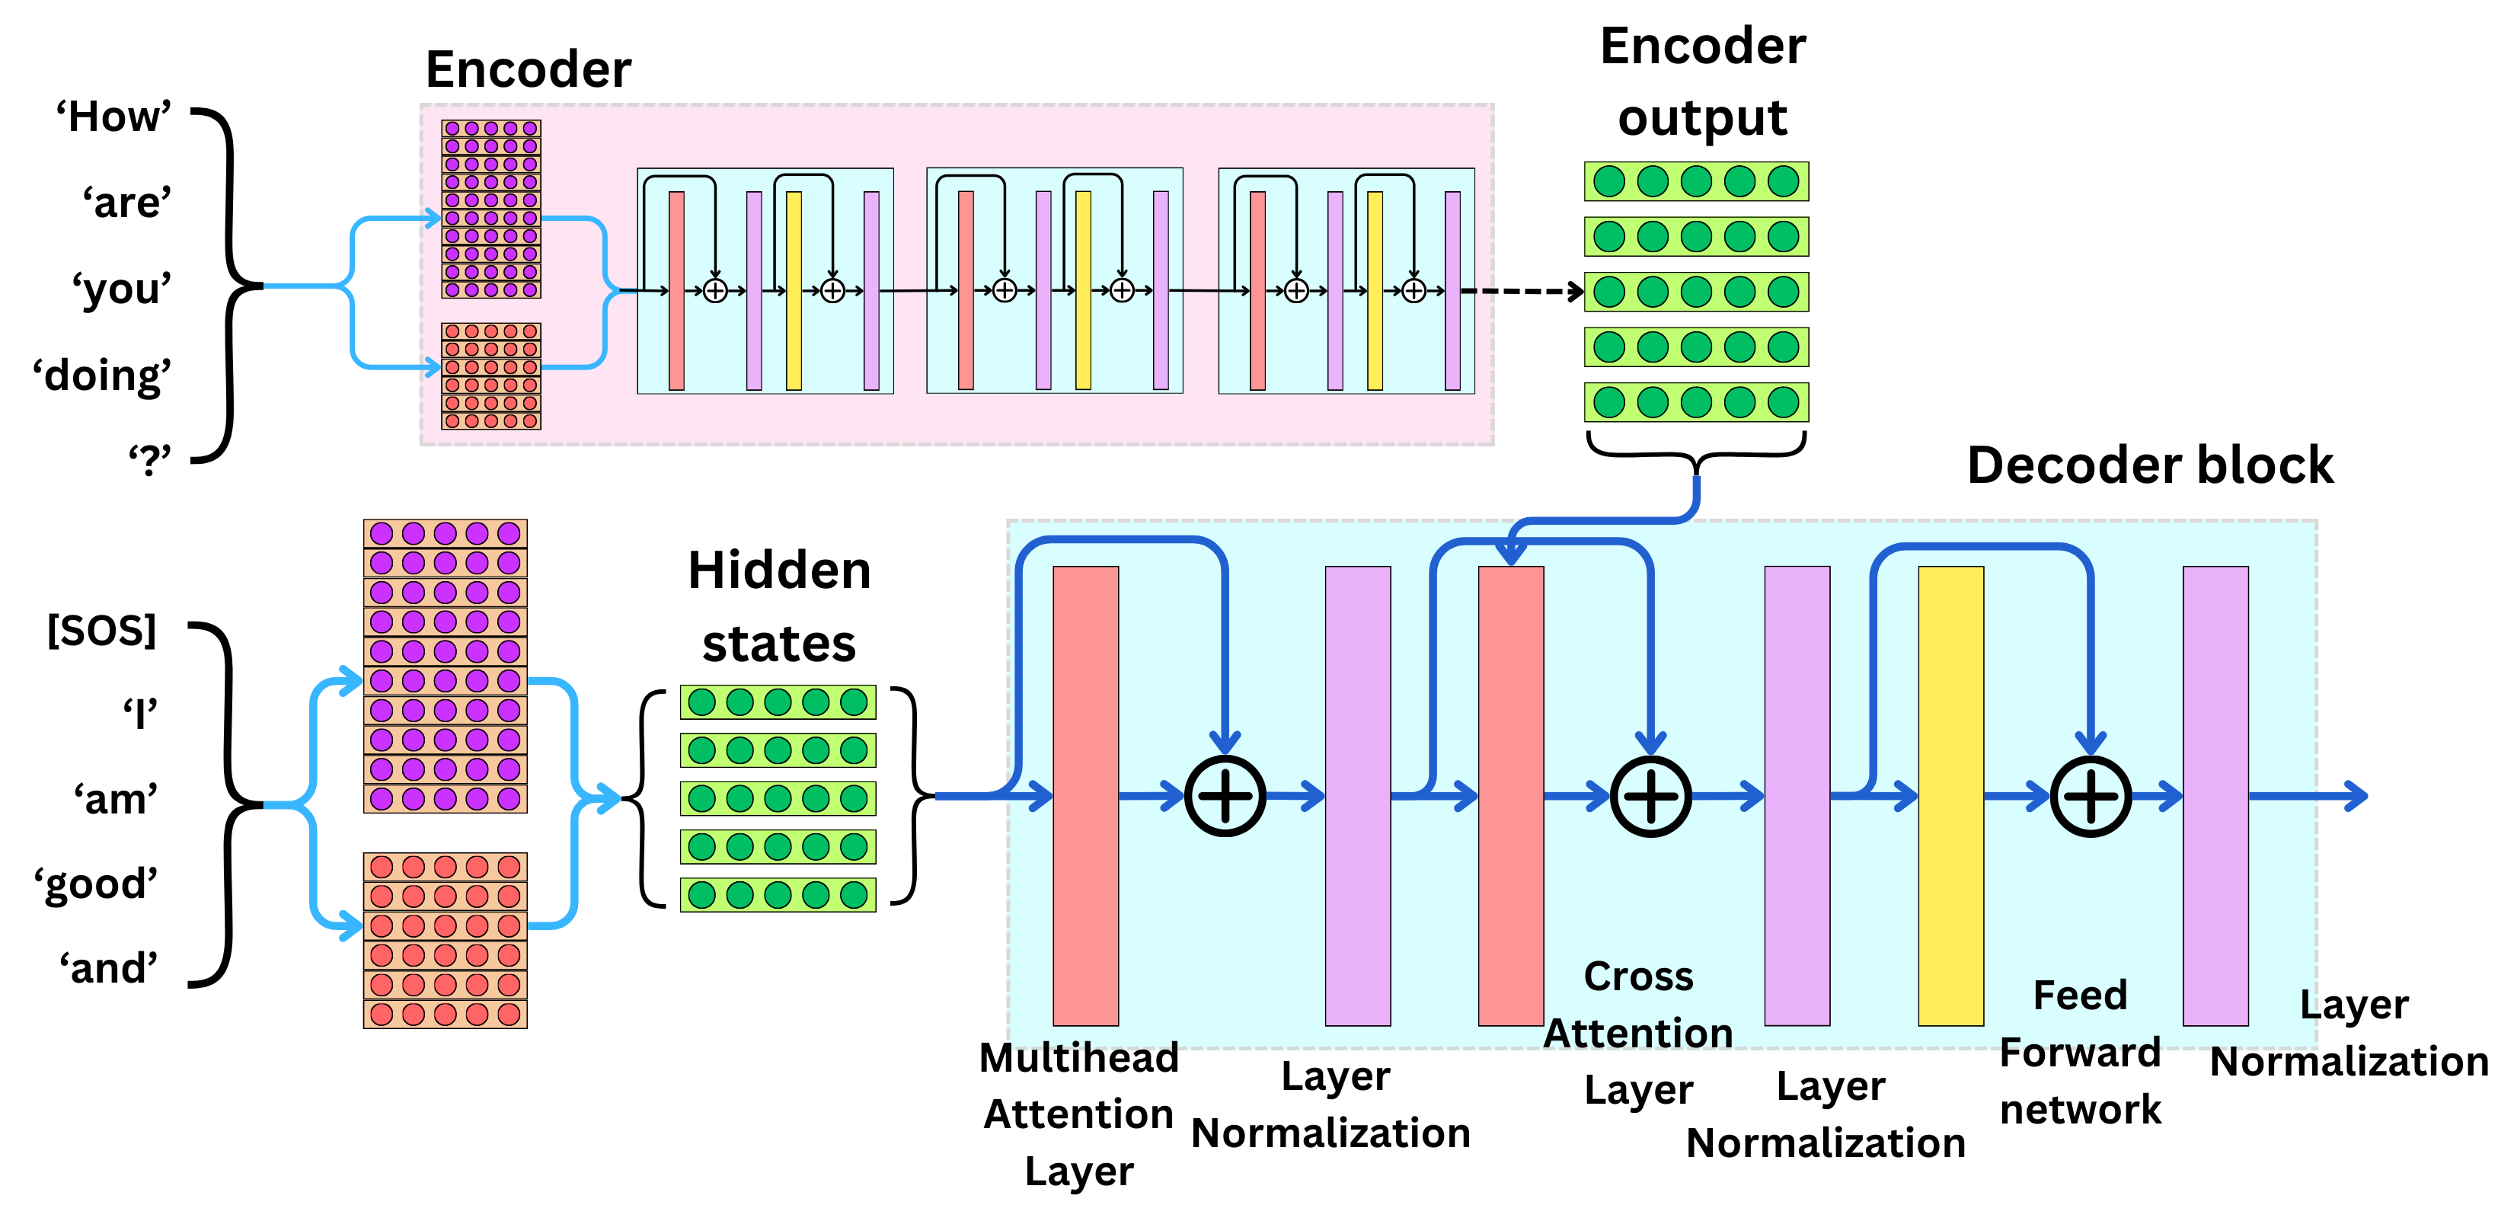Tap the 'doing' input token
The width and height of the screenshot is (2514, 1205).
click(103, 376)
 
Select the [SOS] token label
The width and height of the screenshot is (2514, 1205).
click(101, 631)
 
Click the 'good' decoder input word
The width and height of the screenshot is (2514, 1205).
click(96, 884)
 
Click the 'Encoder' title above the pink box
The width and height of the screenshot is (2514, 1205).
click(528, 70)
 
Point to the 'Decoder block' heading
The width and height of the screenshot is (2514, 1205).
click(2149, 465)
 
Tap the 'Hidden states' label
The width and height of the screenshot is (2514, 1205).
click(779, 606)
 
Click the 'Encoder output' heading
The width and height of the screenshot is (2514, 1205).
click(1702, 82)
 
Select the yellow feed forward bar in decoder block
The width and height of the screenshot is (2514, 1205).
click(1950, 795)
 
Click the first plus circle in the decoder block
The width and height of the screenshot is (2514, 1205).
click(1225, 796)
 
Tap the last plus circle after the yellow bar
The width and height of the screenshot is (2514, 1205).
click(2091, 796)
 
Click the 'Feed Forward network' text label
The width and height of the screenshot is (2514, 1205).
click(2080, 1052)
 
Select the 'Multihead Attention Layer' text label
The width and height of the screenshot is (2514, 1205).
click(1078, 1114)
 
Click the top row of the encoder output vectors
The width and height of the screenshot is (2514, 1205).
click(1696, 181)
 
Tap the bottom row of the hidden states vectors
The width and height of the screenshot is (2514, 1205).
click(778, 895)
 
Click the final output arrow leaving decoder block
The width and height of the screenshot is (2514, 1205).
click(2313, 796)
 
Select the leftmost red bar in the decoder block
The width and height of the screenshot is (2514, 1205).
click(1085, 795)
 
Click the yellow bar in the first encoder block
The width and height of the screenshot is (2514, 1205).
click(794, 291)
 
